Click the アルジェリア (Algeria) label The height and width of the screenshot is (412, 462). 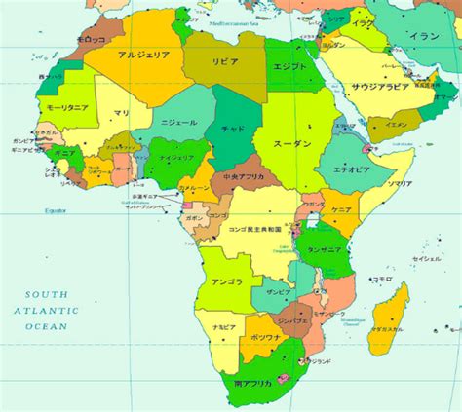tap(143, 56)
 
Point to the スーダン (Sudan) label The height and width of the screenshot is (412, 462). tap(291, 143)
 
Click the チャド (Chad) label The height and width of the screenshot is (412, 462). tap(233, 128)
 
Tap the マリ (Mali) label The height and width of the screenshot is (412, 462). tap(120, 113)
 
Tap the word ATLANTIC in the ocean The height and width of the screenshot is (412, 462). tap(46, 310)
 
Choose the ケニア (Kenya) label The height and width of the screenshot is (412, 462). tap(341, 209)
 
